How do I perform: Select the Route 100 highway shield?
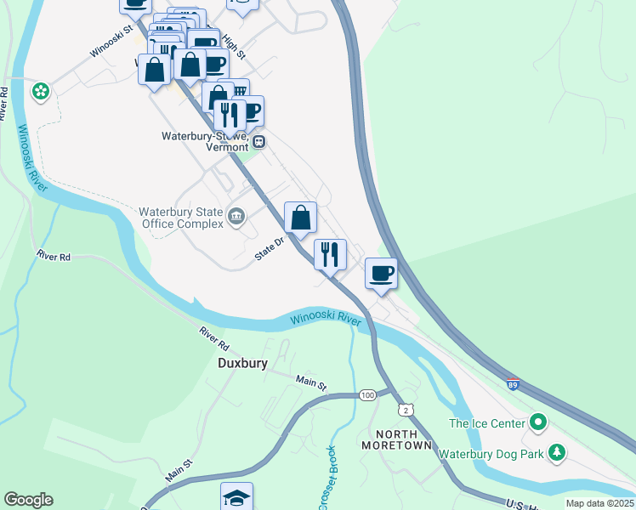(367, 395)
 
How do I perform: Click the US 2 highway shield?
(408, 411)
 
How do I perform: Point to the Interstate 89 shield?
(513, 385)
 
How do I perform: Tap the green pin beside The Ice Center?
(537, 422)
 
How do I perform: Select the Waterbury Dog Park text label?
(491, 454)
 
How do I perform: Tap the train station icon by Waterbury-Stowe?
(258, 142)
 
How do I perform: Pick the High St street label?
(232, 47)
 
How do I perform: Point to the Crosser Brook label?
(327, 478)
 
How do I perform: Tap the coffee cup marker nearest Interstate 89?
(381, 275)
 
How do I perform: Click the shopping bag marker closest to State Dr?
(300, 218)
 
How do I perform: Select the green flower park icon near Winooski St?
(40, 90)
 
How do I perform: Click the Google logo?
(28, 500)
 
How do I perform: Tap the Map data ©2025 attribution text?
(599, 503)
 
